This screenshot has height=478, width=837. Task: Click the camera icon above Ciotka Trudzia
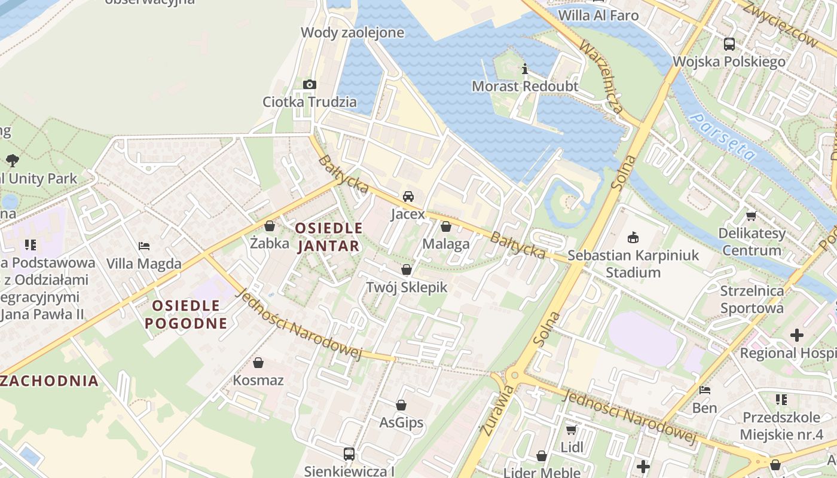309,84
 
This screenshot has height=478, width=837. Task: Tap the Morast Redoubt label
525,86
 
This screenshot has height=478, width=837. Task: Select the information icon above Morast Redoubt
525,69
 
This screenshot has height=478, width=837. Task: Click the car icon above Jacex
408,197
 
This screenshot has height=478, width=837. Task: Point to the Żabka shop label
270,243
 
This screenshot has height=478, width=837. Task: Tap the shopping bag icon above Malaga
445,226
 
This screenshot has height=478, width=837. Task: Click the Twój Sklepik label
407,287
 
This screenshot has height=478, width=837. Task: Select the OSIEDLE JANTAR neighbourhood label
329,237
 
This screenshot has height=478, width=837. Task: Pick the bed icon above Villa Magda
143,246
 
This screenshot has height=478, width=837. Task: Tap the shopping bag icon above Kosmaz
258,363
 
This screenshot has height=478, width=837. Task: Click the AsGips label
401,422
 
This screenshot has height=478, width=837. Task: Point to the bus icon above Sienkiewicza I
349,454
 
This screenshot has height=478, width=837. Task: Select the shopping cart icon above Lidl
571,430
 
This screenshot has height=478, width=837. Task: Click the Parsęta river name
722,136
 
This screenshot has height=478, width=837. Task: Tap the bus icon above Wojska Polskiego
729,44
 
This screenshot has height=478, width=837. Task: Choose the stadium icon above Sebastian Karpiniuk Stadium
633,238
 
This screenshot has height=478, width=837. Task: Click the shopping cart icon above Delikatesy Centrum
751,216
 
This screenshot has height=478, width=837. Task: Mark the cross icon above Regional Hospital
796,335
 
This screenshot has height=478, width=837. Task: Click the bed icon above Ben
705,391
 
